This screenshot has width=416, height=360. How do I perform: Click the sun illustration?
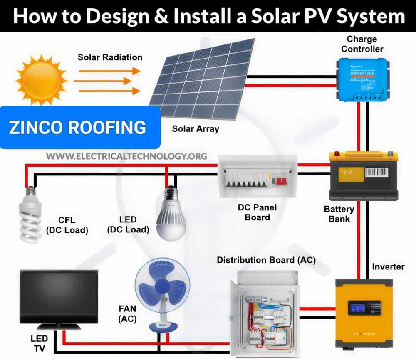pyautogui.click(x=41, y=79)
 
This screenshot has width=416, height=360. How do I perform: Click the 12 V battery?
pyautogui.click(x=363, y=175)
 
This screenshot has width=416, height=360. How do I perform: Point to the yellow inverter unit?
pyautogui.click(x=364, y=311)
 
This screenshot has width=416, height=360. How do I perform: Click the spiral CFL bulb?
pyautogui.click(x=31, y=214)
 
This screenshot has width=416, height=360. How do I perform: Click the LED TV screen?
pyautogui.click(x=59, y=297)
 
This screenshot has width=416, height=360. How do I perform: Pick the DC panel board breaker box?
pyautogui.click(x=258, y=177)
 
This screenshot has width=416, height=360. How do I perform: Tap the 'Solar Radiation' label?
pyautogui.click(x=110, y=57)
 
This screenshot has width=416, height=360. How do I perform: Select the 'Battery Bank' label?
pyautogui.click(x=339, y=214)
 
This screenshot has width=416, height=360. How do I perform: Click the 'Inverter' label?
pyautogui.click(x=388, y=266)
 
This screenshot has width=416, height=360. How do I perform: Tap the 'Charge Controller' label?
pyautogui.click(x=361, y=44)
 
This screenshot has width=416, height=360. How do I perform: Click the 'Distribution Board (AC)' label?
pyautogui.click(x=266, y=261)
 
